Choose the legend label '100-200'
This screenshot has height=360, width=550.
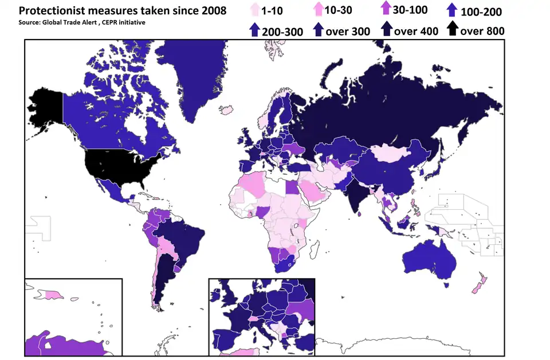(x=481, y=11)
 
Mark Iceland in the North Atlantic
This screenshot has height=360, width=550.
(x=227, y=108)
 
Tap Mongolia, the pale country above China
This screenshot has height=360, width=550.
(x=395, y=153)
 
